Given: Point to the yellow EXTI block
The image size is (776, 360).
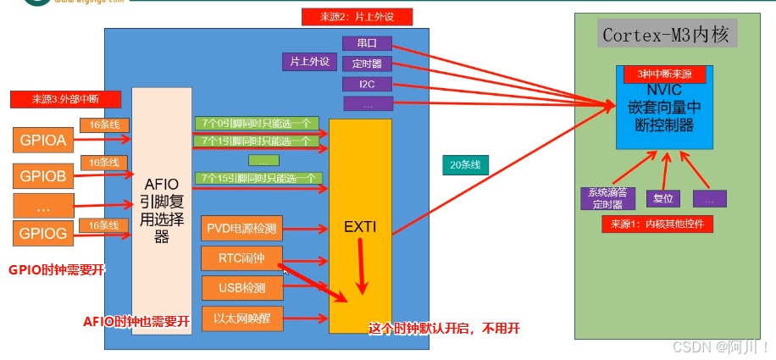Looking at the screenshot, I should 360,226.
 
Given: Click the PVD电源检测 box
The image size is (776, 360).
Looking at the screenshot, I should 241,228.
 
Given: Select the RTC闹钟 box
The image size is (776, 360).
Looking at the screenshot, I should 241,258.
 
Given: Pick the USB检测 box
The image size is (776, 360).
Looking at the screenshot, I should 241,288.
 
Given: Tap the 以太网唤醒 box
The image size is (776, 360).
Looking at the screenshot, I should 241,318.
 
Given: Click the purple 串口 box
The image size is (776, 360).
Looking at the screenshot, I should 366,42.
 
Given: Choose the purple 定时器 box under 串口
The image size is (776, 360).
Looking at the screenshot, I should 366,64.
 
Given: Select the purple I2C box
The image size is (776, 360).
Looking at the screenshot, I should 366,84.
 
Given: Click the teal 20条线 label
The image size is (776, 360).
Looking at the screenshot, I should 465,165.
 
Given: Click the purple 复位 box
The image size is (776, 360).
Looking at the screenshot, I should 663,198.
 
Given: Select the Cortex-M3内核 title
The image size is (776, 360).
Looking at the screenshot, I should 665,35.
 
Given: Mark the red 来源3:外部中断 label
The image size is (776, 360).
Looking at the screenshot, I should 55,100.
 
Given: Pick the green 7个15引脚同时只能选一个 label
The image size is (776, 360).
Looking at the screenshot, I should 258,178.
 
